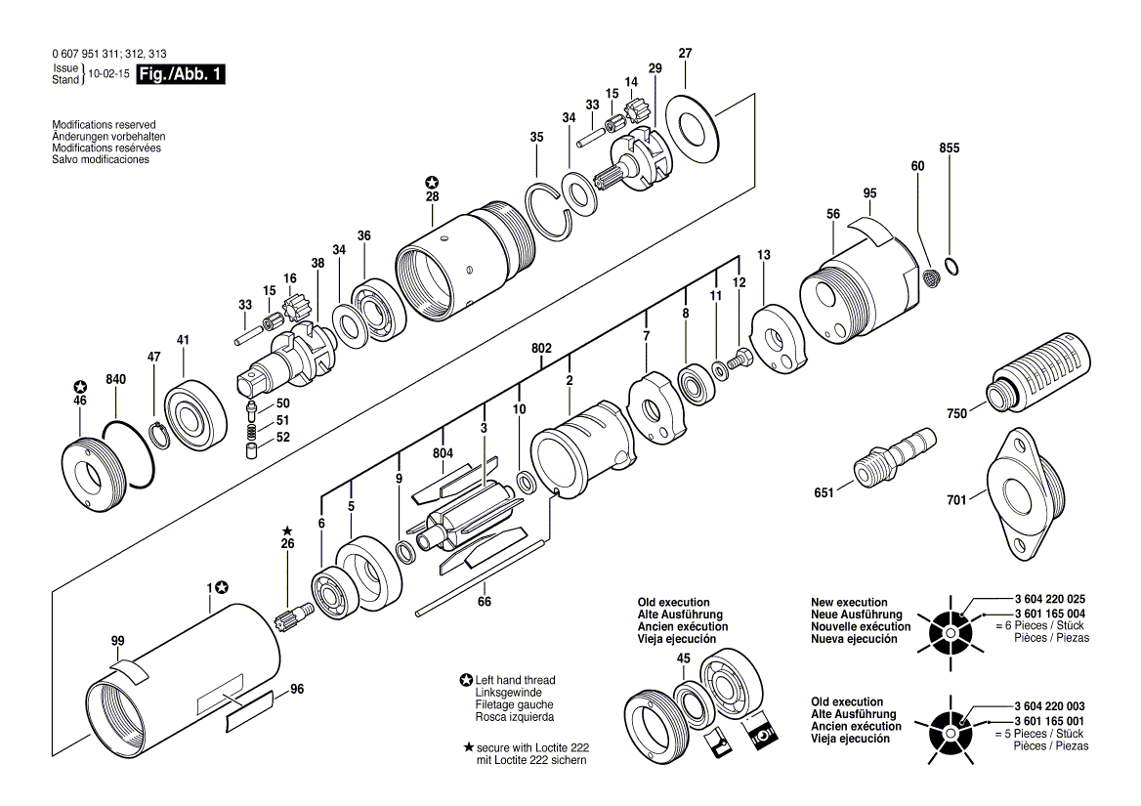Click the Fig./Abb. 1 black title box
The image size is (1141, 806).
tap(181, 74)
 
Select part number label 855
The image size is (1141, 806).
tap(949, 148)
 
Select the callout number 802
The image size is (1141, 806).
tap(542, 348)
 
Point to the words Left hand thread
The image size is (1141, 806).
tap(515, 680)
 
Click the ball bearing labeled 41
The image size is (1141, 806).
tap(190, 409)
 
